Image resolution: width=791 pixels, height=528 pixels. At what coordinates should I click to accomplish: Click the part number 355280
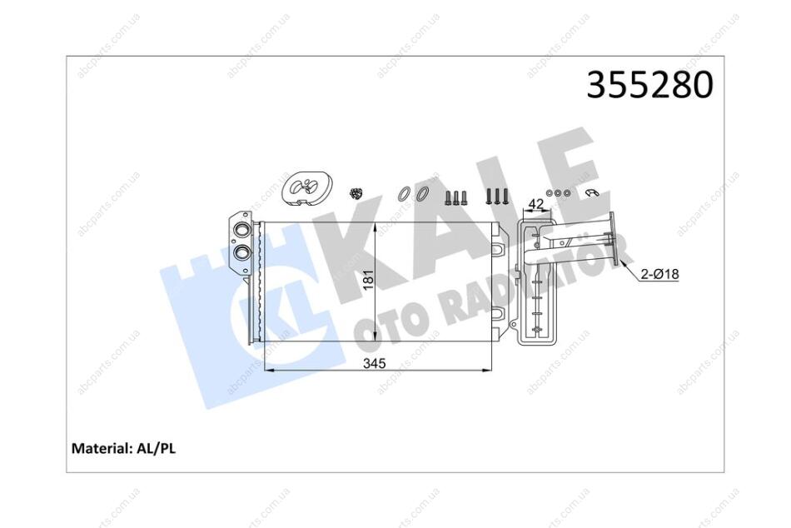[649, 84]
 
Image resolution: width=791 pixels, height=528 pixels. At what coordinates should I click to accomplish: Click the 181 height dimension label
[369, 280]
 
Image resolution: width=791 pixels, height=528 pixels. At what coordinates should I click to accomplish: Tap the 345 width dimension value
[375, 363]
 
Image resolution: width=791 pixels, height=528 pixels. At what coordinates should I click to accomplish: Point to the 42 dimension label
[535, 204]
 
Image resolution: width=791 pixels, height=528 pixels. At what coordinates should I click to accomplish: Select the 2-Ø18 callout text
[659, 274]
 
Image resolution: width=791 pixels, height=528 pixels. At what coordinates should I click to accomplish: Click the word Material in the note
[102, 448]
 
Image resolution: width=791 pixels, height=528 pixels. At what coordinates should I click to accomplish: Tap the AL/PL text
[156, 448]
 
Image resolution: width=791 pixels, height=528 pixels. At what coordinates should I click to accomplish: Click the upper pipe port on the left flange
[242, 230]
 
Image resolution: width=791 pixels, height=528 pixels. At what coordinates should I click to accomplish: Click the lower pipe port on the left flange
[242, 252]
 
